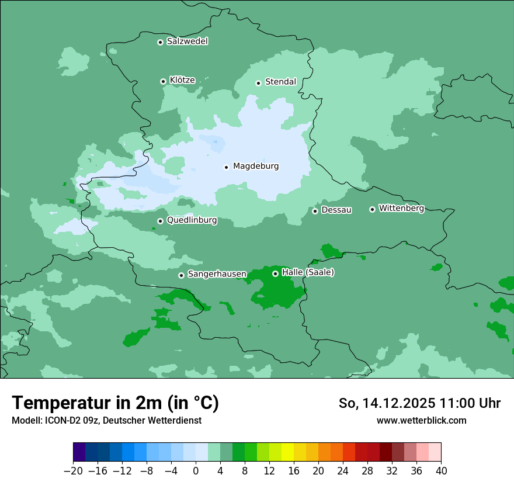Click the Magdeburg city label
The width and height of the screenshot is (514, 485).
coord(256,166)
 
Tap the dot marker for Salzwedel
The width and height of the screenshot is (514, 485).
coord(160,42)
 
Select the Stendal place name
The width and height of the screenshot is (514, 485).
coord(280,82)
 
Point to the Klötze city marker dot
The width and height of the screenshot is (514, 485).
coord(163,81)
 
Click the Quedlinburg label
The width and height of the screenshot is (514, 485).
coord(192,220)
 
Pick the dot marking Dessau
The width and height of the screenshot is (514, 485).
coord(315,211)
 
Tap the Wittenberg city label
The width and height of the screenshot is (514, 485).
coord(401,208)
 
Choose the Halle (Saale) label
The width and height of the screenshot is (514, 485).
coord(308,272)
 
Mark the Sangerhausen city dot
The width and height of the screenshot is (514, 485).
coord(182,275)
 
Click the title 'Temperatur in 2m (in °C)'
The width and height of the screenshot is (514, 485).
coord(115,403)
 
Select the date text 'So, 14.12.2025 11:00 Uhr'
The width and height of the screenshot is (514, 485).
coord(419,403)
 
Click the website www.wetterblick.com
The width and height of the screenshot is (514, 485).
coord(421,420)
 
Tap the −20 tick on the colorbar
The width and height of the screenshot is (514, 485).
coord(73,470)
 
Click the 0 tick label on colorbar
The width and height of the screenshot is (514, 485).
coord(196,470)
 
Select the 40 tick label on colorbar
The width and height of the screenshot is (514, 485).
coord(441,470)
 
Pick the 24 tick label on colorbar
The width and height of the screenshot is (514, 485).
coord(343,470)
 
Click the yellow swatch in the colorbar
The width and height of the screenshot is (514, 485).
coord(287,452)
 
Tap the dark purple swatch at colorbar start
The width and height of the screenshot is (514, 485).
coord(79,452)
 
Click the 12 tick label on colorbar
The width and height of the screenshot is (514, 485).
coord(269,470)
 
